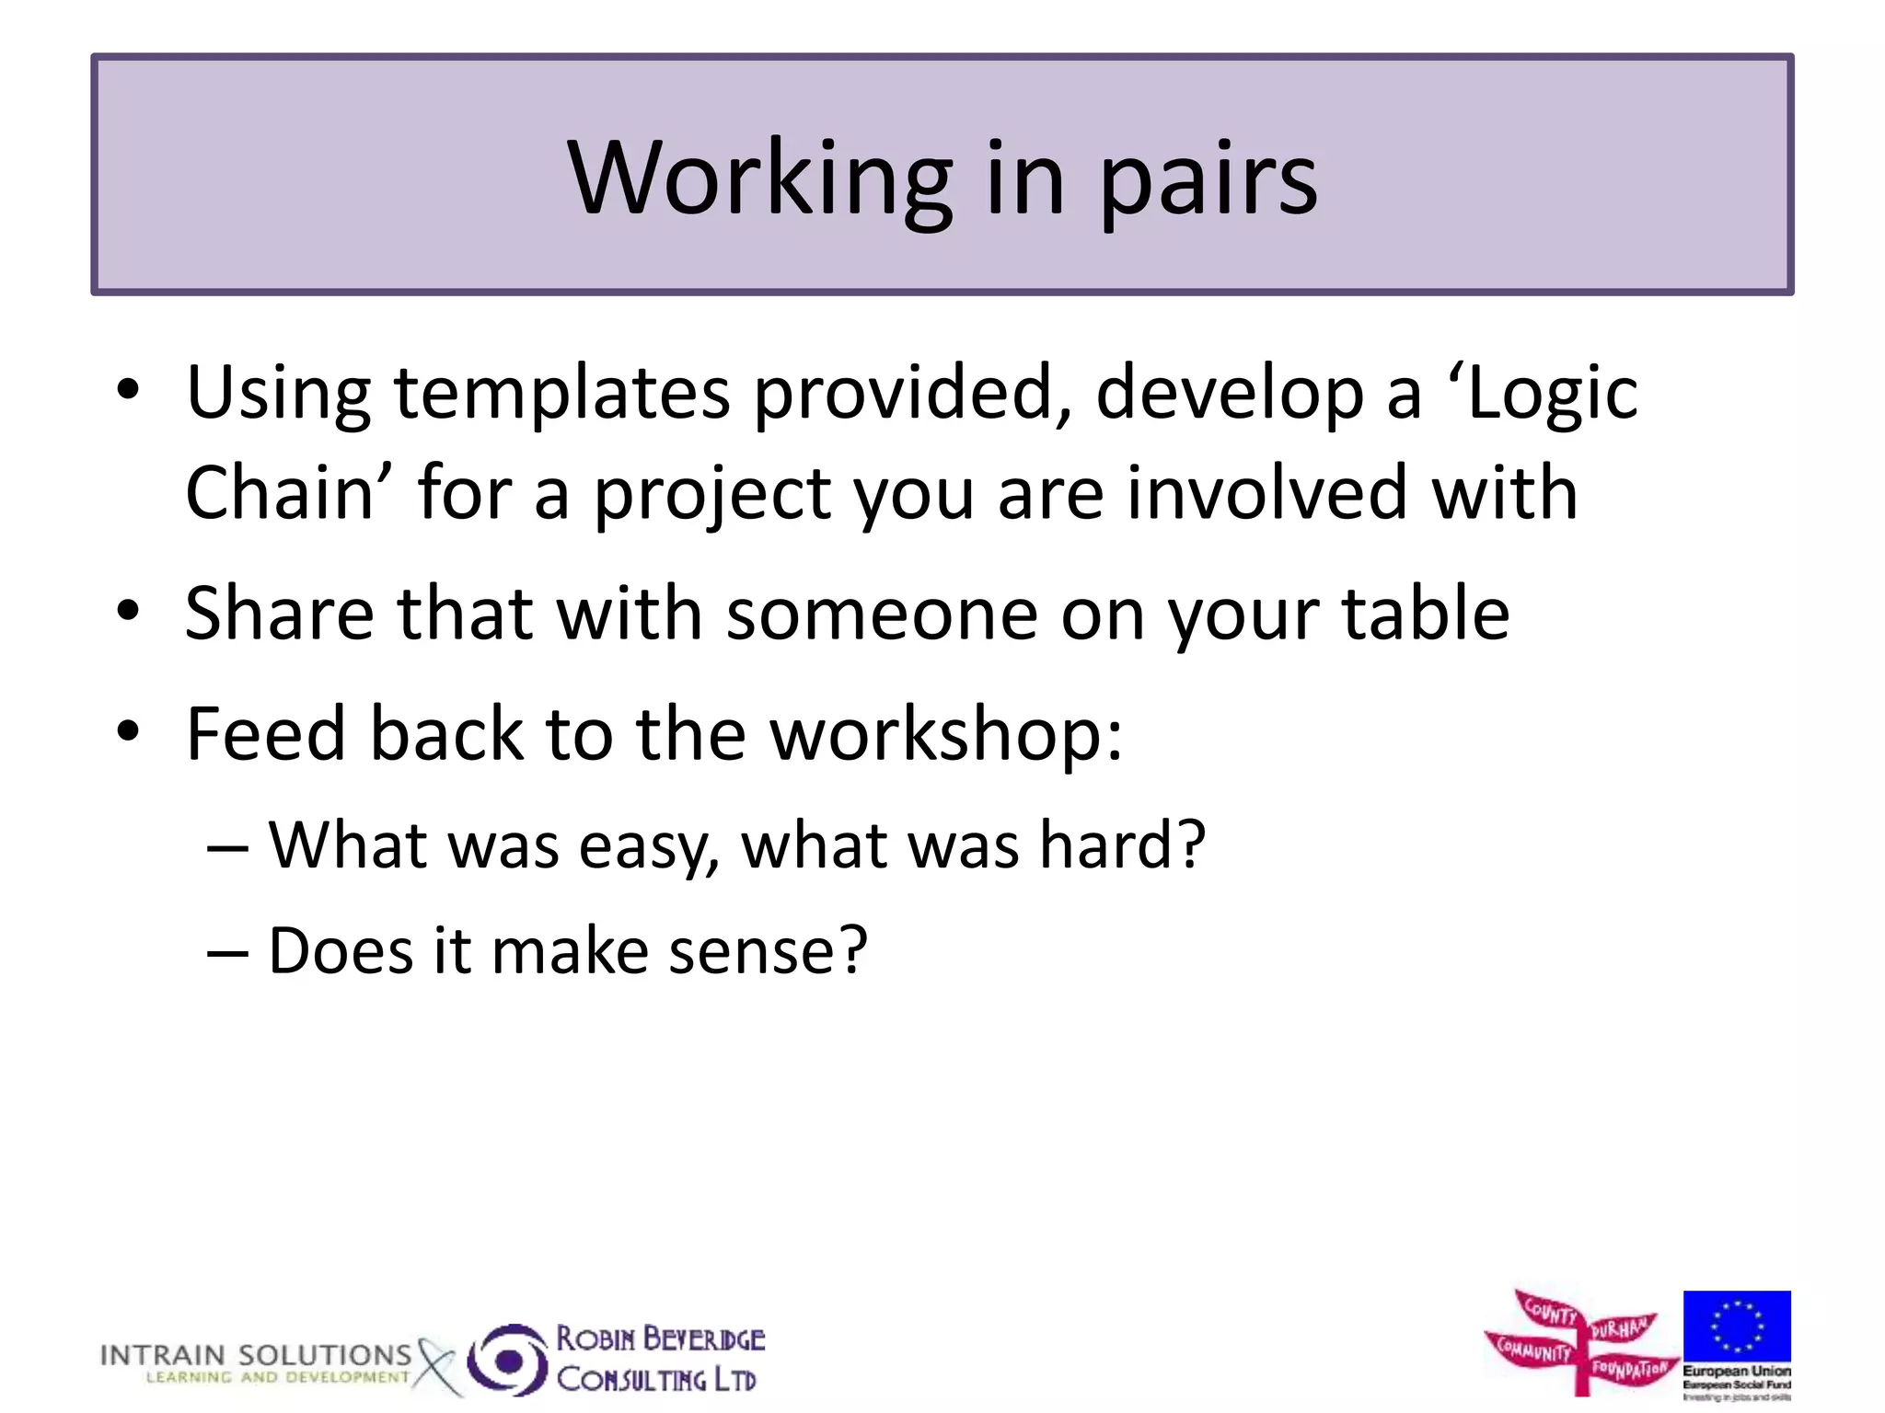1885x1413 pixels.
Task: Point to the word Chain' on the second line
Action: (289, 493)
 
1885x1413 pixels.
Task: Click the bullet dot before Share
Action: (129, 611)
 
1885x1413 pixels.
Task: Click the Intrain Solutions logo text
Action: (256, 1356)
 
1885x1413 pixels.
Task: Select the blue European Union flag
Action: (1737, 1326)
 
